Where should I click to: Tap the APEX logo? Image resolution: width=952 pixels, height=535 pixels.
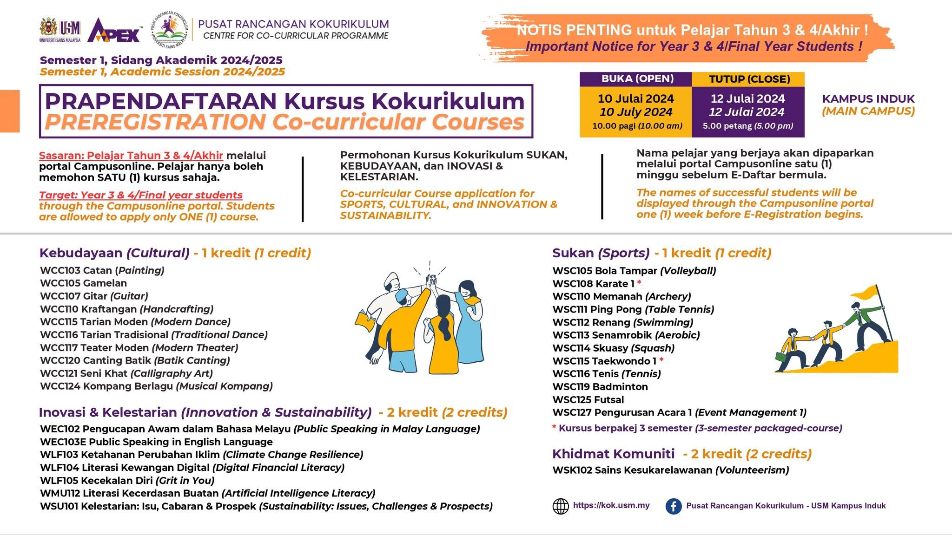coord(114,31)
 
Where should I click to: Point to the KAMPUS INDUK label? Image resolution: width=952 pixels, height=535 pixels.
coord(868,99)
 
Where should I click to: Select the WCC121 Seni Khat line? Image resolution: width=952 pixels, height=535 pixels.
coord(126,373)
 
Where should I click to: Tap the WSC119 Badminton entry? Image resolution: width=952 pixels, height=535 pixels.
coord(600,386)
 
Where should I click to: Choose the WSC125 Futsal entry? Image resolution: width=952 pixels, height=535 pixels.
coord(588,399)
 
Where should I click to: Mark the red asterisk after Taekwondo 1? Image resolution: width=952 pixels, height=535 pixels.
coord(661,360)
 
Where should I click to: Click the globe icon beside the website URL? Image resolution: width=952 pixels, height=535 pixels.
coord(561,506)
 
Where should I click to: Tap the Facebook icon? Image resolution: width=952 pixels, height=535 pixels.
coord(674,506)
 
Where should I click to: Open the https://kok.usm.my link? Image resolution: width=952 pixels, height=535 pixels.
coord(611,505)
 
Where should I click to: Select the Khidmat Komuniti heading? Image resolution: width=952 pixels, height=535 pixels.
coord(613,454)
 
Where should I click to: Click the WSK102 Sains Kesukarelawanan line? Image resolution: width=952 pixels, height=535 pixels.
coord(670,470)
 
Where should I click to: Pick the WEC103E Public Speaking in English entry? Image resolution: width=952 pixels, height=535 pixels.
coord(156,442)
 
